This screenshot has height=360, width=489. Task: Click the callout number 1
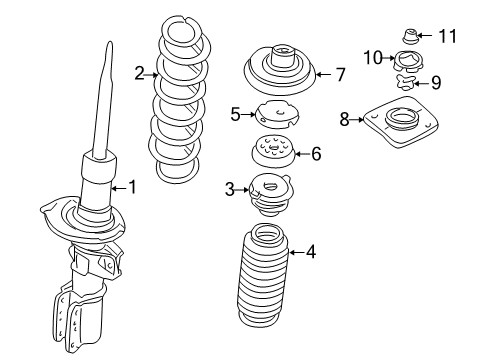[130, 187]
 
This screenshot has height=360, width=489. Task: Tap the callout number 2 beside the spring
[140, 72]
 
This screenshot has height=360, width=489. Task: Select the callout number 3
[229, 188]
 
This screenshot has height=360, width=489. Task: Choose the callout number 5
[236, 115]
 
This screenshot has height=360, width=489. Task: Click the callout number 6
[316, 154]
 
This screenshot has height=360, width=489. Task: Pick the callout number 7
[340, 73]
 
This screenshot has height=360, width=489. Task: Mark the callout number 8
[345, 120]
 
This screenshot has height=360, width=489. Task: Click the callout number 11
[446, 36]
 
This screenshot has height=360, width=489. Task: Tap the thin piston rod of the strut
[104, 95]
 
